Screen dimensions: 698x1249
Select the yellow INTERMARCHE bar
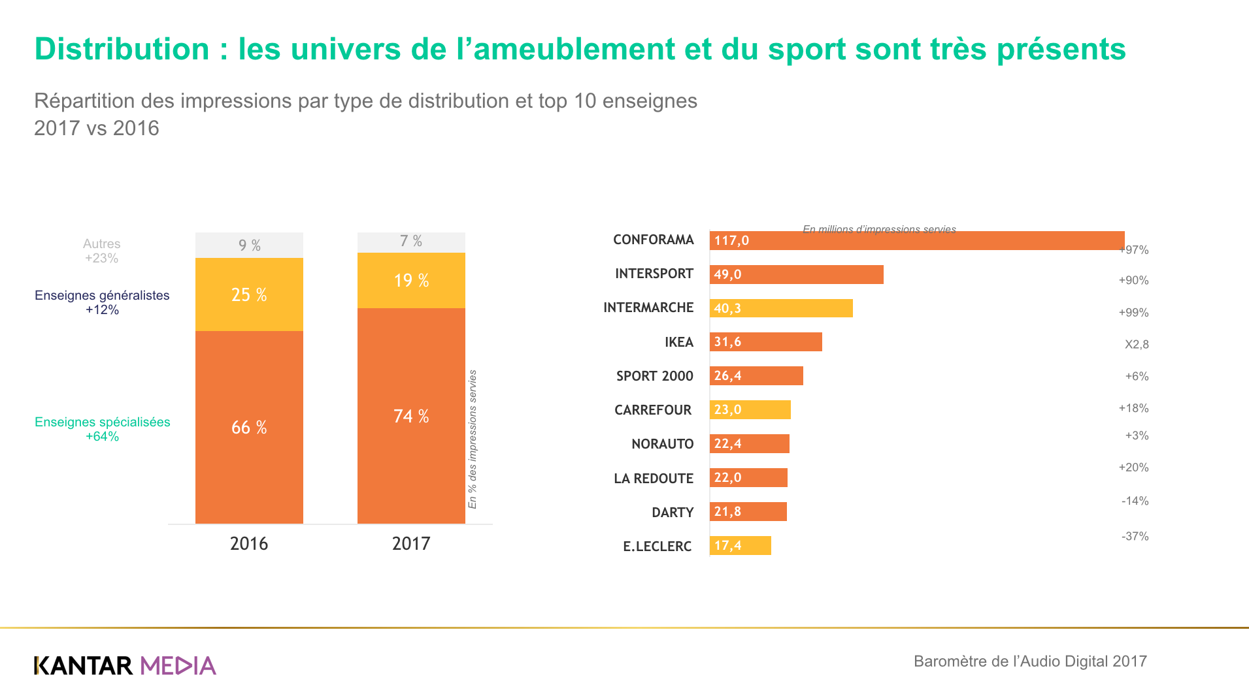click(x=781, y=308)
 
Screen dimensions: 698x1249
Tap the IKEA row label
click(x=678, y=342)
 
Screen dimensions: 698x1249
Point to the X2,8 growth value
click(x=1136, y=344)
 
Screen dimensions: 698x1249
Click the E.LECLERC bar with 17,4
click(x=740, y=546)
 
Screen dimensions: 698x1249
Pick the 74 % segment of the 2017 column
click(x=411, y=416)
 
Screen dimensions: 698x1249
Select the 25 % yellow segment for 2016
click(x=249, y=294)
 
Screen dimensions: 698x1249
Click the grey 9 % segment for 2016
click(x=249, y=246)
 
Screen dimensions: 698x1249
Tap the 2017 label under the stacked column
click(x=410, y=544)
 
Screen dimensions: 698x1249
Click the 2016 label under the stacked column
click(x=248, y=544)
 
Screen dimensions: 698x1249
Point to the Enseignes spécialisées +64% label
click(x=102, y=429)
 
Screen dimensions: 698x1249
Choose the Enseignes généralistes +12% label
click(x=102, y=302)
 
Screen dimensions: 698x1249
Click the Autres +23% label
click(x=101, y=251)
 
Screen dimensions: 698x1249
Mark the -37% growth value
click(x=1135, y=536)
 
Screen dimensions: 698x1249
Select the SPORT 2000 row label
click(x=654, y=376)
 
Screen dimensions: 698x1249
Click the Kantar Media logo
click(x=125, y=665)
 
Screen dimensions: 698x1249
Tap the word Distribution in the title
click(x=122, y=49)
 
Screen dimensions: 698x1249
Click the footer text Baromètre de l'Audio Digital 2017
click(x=1029, y=661)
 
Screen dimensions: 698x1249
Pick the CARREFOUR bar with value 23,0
click(x=750, y=410)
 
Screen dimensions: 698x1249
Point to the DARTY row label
click(x=672, y=513)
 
